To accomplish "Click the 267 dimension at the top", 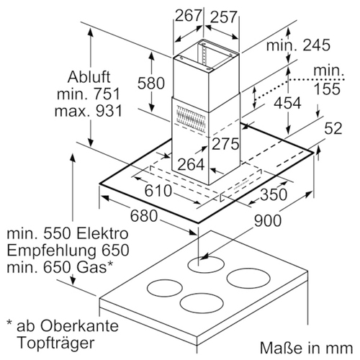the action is click(x=188, y=16).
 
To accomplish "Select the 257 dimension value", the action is click(x=224, y=17).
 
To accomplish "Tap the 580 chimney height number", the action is click(x=151, y=83).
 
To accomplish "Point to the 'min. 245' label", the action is click(x=298, y=45).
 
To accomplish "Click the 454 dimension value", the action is click(x=287, y=103).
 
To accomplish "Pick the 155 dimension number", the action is click(x=327, y=89).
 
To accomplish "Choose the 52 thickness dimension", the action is click(x=333, y=128).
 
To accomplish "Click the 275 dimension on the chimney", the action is click(x=225, y=144).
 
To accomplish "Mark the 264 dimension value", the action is click(x=192, y=164).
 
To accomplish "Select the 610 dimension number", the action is click(x=158, y=191).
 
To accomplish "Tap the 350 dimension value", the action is click(x=274, y=194).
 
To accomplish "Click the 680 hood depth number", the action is click(x=144, y=215).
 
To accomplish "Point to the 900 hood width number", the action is click(x=268, y=220).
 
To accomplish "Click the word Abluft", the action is click(x=89, y=77).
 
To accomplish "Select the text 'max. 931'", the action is click(x=89, y=111).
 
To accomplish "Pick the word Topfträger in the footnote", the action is click(x=56, y=343).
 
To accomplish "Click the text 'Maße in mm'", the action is click(x=307, y=348).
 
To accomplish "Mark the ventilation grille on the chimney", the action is click(x=191, y=118).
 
